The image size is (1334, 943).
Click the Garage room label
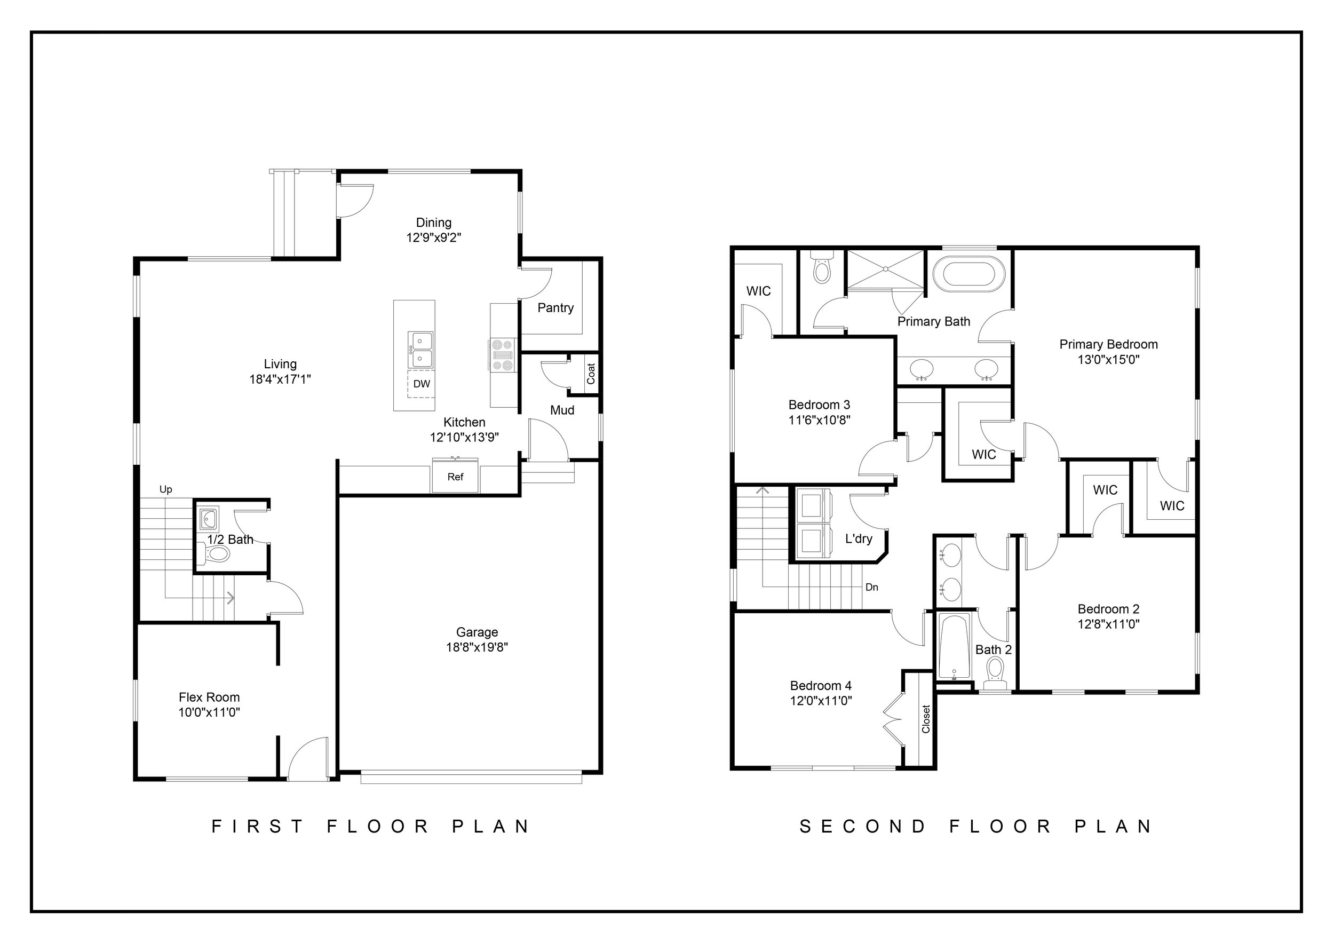pos(477,632)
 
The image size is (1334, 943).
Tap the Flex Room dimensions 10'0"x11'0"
pos(209,712)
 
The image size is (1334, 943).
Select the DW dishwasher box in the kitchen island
pos(421,384)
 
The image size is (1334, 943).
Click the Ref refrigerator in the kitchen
pos(455,476)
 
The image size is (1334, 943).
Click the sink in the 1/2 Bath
pos(209,518)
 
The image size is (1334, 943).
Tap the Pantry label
pos(555,308)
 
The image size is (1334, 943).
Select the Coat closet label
pos(591,374)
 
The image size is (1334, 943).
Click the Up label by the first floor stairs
pos(165,489)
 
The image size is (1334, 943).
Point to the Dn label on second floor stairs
pos(871,588)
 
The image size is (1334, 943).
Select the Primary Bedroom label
pos(1109,345)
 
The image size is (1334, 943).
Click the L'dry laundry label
pos(859,538)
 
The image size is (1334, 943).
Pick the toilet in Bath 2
pos(995,673)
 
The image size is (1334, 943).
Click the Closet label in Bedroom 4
pos(926,719)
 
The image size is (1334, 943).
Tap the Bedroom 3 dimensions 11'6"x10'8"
pos(819,419)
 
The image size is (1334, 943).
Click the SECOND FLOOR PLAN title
pos(976,826)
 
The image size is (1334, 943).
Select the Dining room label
pos(433,223)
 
